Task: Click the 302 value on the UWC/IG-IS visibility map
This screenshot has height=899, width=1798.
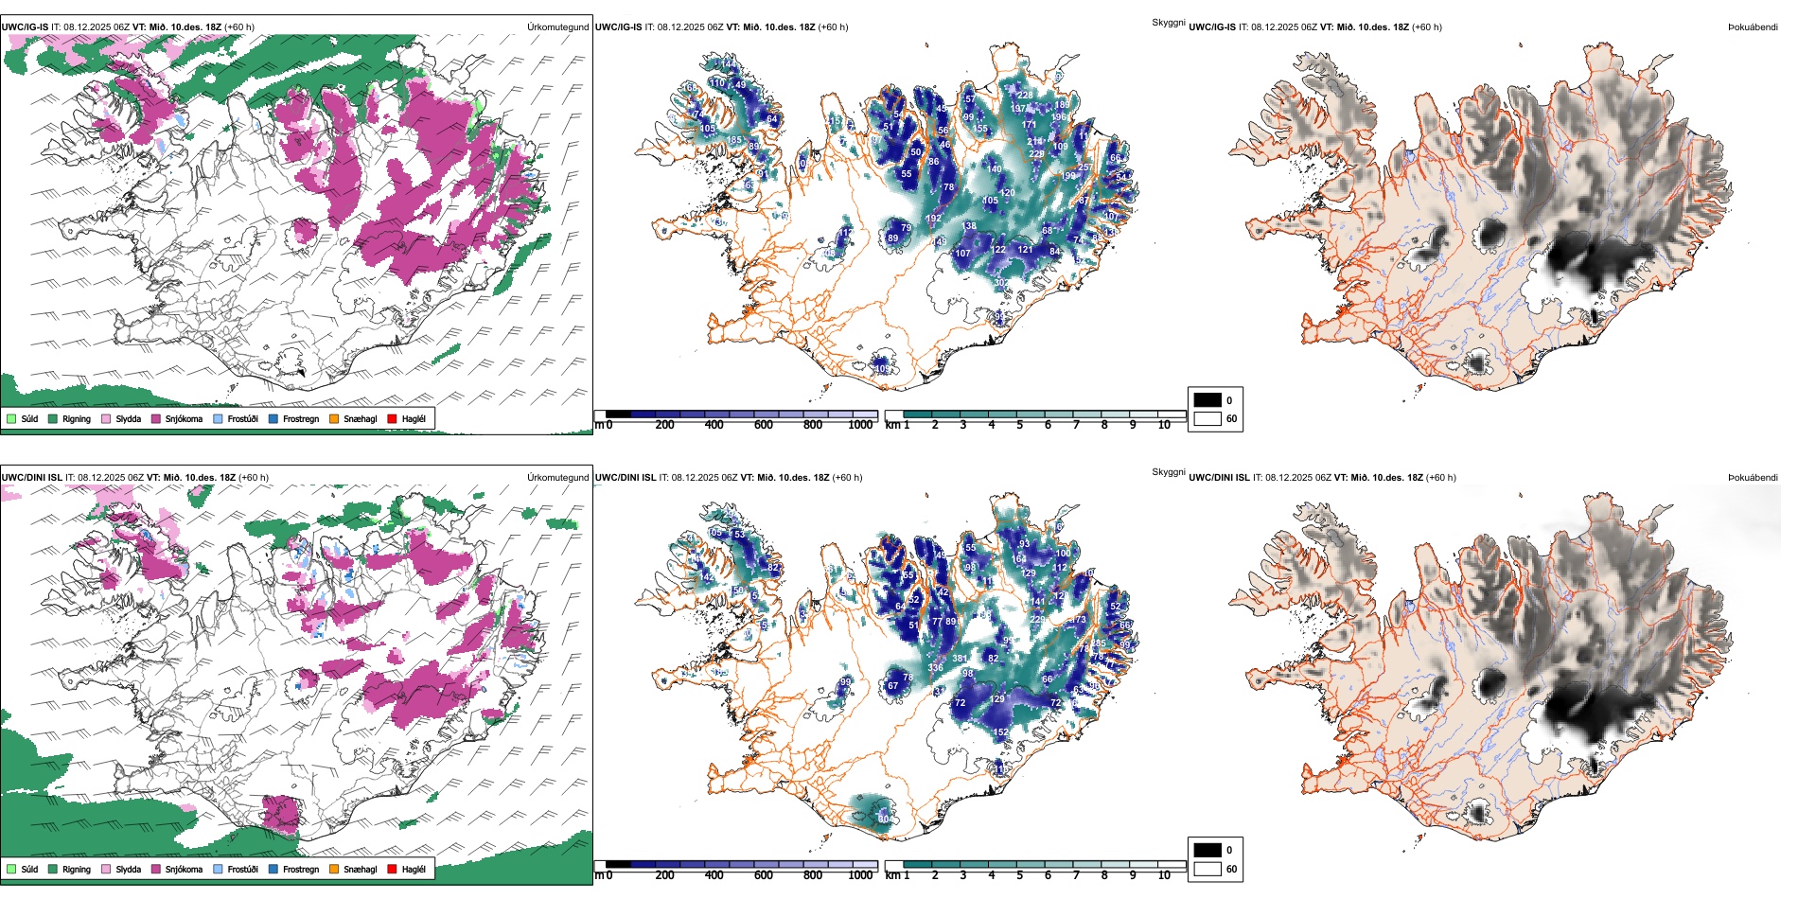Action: click(1001, 283)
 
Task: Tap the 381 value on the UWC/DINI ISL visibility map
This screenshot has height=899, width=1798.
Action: click(960, 659)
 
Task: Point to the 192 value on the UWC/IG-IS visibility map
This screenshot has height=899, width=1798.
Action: click(934, 219)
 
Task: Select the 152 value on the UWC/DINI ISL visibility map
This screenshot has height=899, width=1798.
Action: click(1001, 732)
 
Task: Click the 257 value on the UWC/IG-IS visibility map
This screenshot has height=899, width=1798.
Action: click(1085, 167)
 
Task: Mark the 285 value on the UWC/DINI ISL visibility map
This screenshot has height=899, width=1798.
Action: click(1098, 643)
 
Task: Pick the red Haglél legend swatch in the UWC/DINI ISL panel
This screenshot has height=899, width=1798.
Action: click(393, 869)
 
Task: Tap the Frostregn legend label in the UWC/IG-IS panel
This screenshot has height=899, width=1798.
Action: click(300, 418)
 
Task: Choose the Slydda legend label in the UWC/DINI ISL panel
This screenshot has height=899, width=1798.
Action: click(128, 869)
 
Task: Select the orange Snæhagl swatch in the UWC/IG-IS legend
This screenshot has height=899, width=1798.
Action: click(334, 418)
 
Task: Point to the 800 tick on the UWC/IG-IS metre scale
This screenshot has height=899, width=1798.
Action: click(813, 425)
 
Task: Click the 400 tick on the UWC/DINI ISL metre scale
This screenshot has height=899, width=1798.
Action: click(714, 875)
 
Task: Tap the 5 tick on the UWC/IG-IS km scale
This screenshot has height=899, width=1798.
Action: click(1019, 425)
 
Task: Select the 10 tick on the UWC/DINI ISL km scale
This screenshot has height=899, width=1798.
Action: click(1164, 875)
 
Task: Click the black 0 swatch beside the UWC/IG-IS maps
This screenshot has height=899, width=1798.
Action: click(1207, 400)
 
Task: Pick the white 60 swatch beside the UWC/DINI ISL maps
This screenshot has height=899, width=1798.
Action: click(1207, 869)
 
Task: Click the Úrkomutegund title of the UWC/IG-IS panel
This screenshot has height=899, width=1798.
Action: click(557, 27)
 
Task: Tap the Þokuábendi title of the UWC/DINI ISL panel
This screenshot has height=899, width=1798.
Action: click(1753, 478)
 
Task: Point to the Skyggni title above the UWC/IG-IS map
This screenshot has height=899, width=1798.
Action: click(1168, 22)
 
